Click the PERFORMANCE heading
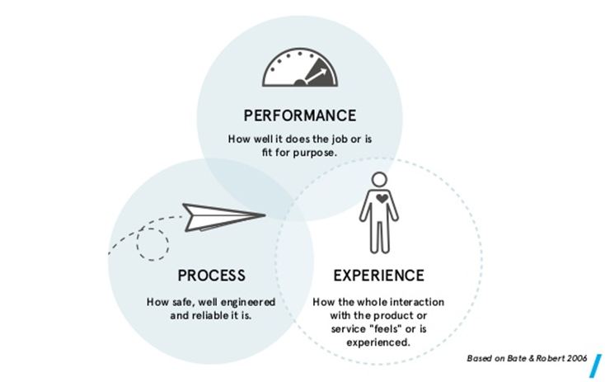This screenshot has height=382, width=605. (x=300, y=115)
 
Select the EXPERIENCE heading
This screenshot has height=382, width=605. (x=378, y=275)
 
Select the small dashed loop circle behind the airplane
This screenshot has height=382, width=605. (x=152, y=242)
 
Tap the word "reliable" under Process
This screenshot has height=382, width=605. (x=219, y=315)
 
